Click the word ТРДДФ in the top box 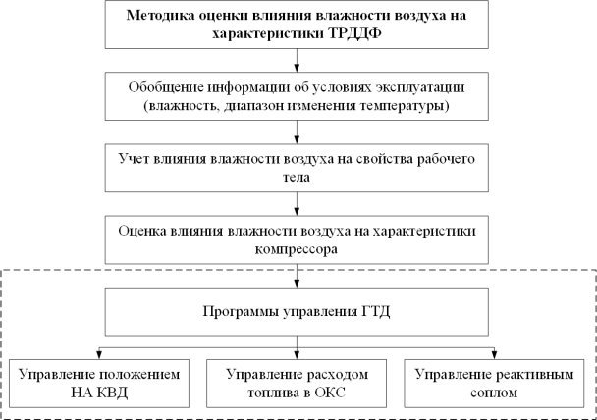click(354, 33)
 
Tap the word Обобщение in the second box click(165, 87)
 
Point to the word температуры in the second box click(405, 105)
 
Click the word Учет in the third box click(134, 159)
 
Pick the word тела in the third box click(297, 178)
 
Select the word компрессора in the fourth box click(297, 249)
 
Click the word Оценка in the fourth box click(141, 231)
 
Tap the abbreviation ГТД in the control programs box click(374, 312)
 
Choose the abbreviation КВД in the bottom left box click(111, 393)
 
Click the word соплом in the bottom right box click(494, 393)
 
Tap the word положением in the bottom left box click(139, 375)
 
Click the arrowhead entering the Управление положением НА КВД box click(99, 355)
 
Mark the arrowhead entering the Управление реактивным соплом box click(494, 355)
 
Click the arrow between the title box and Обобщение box click(297, 60)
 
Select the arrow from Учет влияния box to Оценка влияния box click(297, 204)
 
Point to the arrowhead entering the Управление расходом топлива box click(297, 355)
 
